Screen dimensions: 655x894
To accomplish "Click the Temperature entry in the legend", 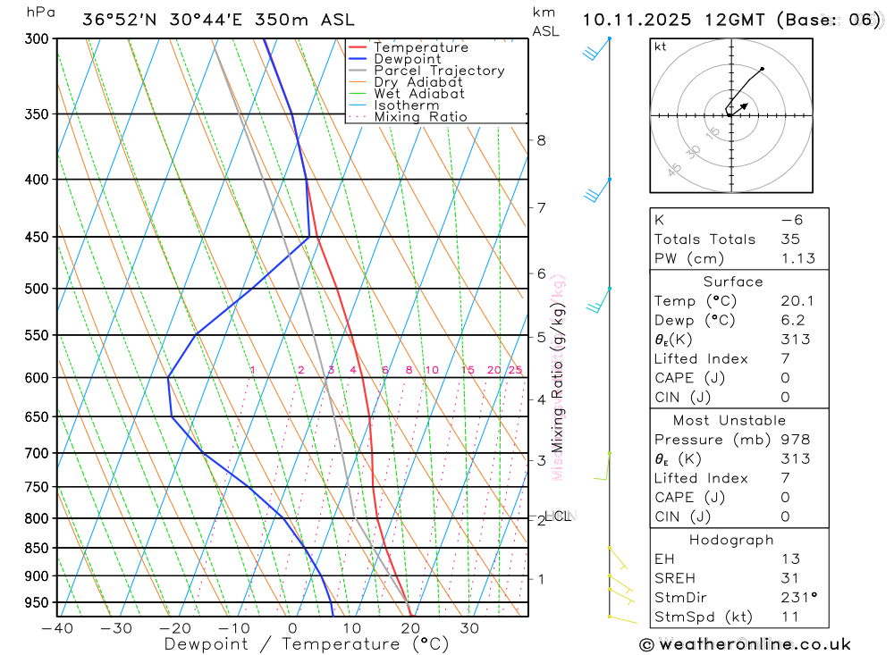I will (420, 47).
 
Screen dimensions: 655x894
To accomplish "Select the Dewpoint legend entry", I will (407, 59).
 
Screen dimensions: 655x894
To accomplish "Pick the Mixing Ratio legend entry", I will (420, 116).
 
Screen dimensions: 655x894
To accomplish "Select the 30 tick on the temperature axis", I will (469, 628).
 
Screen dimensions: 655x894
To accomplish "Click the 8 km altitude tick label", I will (541, 140).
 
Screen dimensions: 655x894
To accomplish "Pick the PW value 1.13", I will (797, 258).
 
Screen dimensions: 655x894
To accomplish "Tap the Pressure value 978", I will (795, 440).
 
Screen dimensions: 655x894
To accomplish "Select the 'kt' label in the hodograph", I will (660, 46).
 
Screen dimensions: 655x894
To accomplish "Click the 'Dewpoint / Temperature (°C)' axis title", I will (306, 643).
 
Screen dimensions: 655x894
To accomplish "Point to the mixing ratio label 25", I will (515, 370).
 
